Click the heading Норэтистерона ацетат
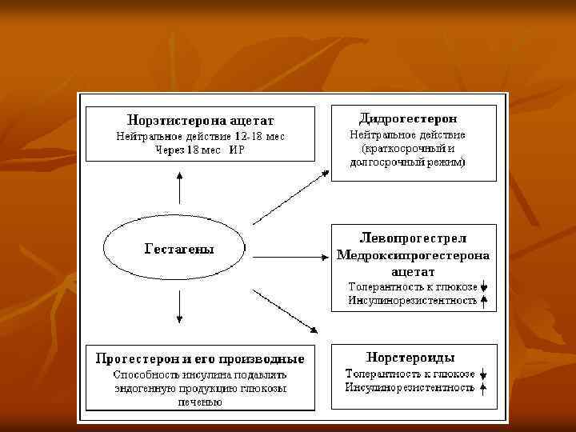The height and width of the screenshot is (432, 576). (199, 120)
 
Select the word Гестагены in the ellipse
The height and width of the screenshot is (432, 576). (179, 249)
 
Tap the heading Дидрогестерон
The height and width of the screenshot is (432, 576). (414, 118)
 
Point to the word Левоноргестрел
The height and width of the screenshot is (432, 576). (413, 238)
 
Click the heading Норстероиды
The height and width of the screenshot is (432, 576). (410, 357)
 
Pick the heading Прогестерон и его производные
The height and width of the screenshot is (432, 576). (199, 357)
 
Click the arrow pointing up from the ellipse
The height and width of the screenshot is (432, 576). (179, 189)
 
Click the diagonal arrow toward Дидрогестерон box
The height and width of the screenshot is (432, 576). (290, 197)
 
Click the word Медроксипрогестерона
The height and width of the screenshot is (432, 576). (413, 255)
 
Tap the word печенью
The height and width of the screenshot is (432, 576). (199, 402)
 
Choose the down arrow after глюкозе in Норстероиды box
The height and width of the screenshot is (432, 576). (483, 374)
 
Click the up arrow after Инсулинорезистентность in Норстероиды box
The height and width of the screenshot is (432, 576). (483, 388)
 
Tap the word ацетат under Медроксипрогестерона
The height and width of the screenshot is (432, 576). (413, 272)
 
